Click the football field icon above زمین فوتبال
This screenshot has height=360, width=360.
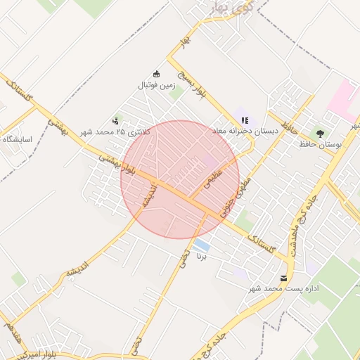click(156, 75)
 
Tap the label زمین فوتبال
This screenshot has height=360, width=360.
click(156, 86)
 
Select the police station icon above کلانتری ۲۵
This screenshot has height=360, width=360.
click(116, 121)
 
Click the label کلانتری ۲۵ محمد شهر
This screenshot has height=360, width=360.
click(115, 132)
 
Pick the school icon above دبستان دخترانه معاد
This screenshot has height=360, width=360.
click(245, 120)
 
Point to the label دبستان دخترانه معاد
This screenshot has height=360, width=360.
click(245, 131)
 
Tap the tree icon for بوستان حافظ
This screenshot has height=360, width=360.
click(321, 133)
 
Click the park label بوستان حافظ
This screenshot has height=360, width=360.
click(320, 144)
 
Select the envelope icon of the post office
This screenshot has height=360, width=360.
click(284, 278)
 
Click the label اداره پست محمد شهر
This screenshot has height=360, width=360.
click(284, 289)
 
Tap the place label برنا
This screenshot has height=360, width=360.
click(203, 257)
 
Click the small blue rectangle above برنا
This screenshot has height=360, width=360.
click(202, 245)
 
